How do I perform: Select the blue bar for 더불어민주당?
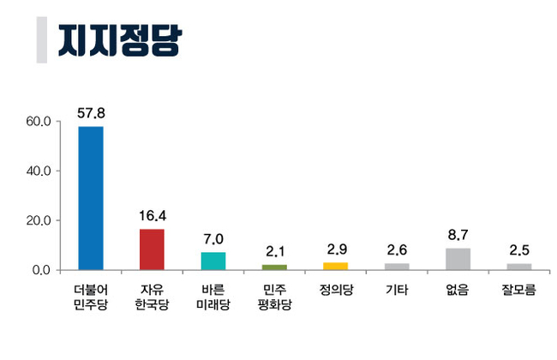pos(90,198)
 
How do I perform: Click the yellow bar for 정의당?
pos(335,266)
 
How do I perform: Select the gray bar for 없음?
pos(458,259)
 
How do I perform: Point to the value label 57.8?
pos(90,112)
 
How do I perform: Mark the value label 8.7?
pos(458,234)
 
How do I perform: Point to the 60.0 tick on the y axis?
pos(40,121)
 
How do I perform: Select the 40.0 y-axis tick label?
pos(40,171)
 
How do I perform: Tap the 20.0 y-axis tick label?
pos(40,220)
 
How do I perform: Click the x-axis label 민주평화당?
pos(274,298)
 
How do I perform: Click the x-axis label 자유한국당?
pos(152,298)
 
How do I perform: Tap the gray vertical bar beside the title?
pos(41,39)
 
